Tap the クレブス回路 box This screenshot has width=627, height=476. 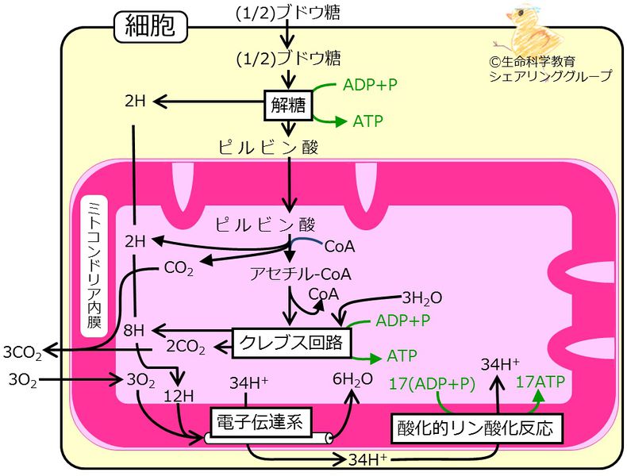pos(292,343)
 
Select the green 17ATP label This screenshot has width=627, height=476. pos(540,382)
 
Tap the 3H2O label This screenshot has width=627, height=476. pos(421,298)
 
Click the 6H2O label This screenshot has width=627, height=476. pos(352,380)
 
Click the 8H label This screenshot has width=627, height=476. pos(135,329)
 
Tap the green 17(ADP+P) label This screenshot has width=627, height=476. pos(432,382)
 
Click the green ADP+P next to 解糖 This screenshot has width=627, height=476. pos(370,85)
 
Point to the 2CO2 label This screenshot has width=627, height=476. pos(186,347)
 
